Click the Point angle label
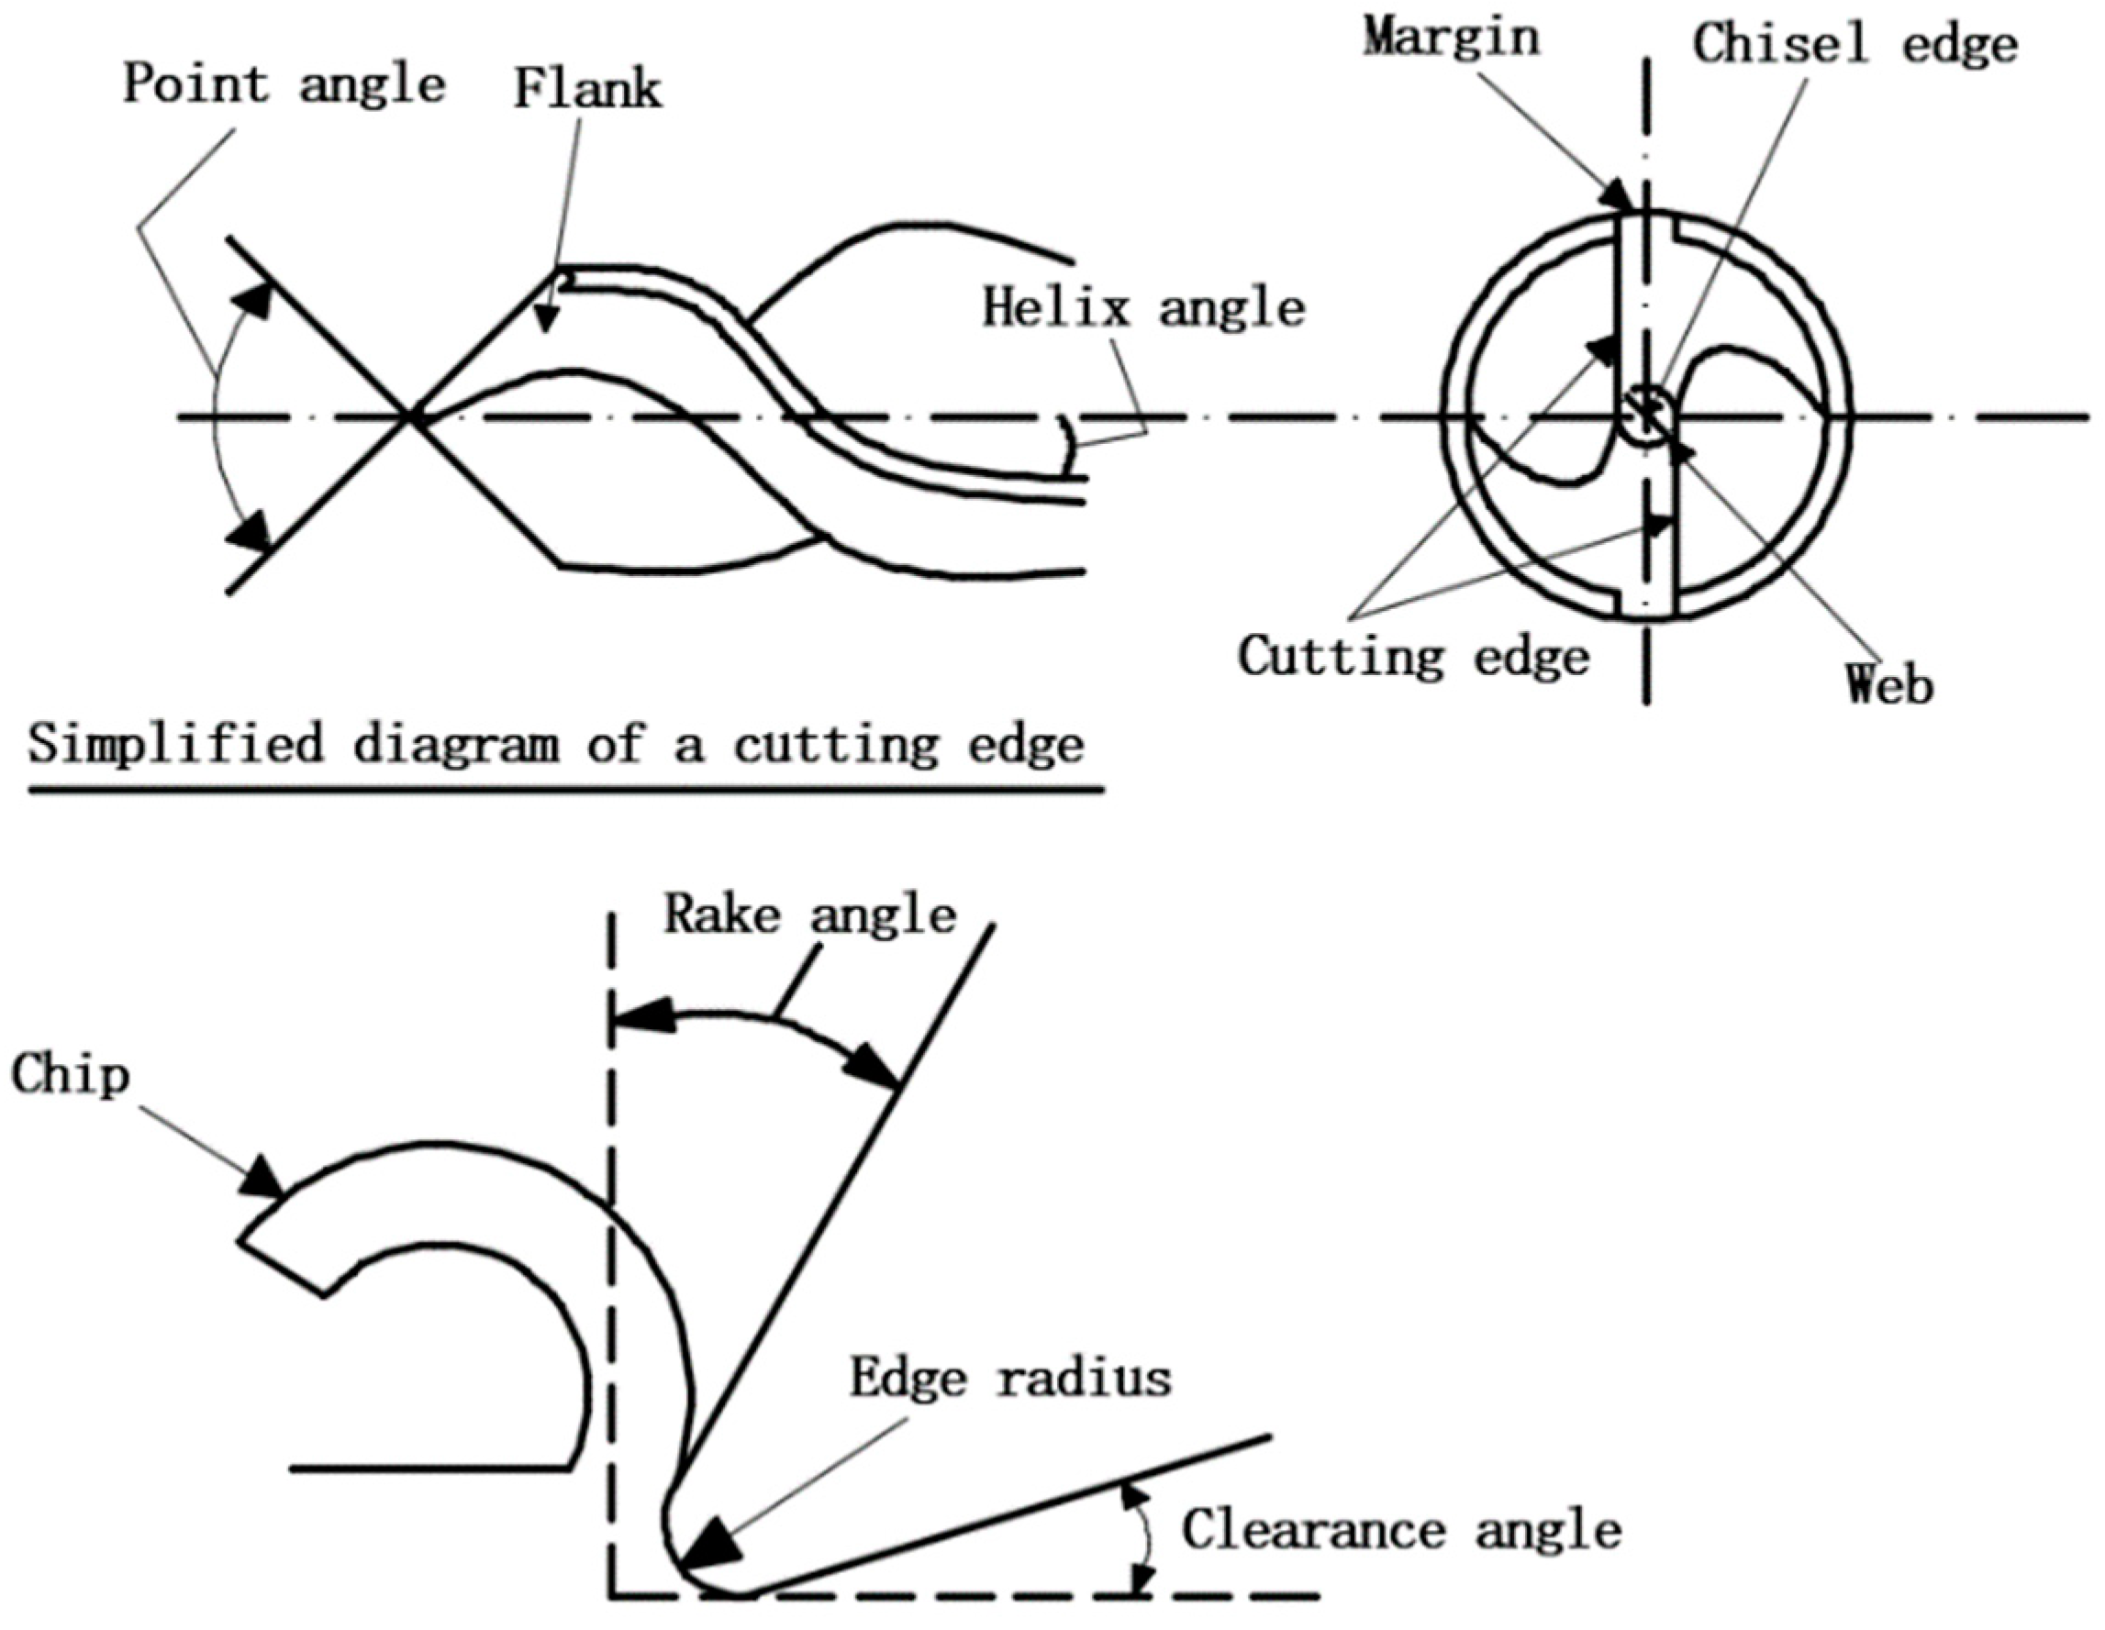[x=284, y=84]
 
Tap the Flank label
[x=587, y=90]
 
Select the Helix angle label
[x=1143, y=309]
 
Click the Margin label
[x=1451, y=38]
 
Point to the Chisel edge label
[x=1855, y=44]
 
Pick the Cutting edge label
[x=1413, y=657]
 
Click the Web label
[x=1890, y=684]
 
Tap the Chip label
[x=71, y=1075]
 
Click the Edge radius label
[x=1010, y=1378]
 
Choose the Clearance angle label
[x=1401, y=1530]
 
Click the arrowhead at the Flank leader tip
[x=547, y=322]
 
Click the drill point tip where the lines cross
[x=410, y=417]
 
